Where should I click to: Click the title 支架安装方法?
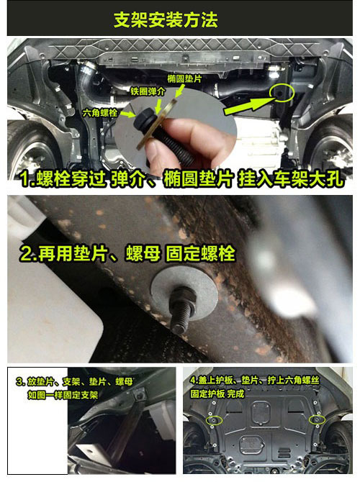[166, 20]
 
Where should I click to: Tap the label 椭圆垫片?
[184, 79]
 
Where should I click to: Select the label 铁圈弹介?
[148, 91]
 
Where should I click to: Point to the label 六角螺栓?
[99, 113]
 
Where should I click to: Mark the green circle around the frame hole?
[282, 92]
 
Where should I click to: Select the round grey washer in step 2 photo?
[184, 292]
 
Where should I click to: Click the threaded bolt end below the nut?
[181, 319]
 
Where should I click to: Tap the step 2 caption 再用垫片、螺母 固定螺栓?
[127, 254]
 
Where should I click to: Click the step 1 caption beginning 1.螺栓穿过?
[181, 180]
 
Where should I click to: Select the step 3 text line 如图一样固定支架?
[63, 395]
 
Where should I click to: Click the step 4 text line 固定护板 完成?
[217, 394]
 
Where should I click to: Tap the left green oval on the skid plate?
[215, 421]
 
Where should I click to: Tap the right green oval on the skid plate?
[318, 419]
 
